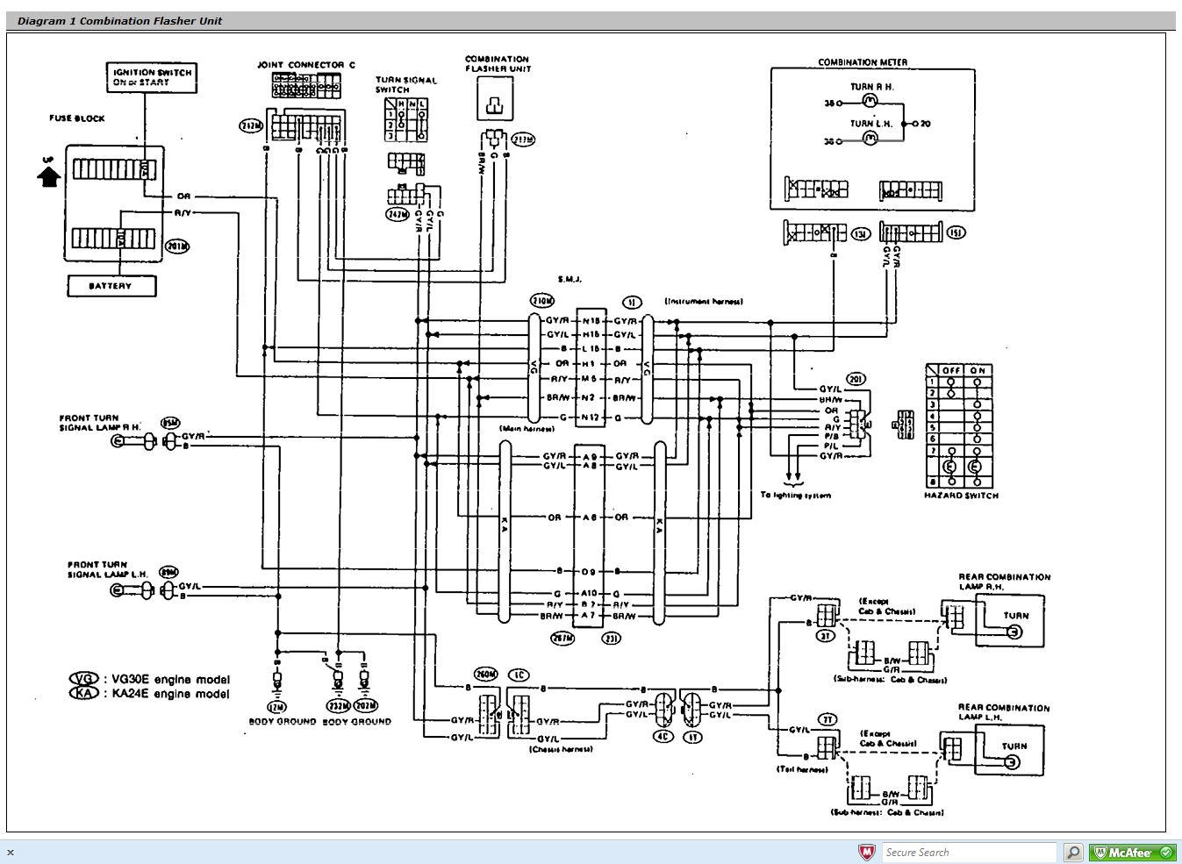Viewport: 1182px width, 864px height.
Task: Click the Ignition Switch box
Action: [x=152, y=77]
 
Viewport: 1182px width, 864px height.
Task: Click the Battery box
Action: [x=111, y=286]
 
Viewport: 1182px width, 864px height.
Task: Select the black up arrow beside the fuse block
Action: [x=48, y=175]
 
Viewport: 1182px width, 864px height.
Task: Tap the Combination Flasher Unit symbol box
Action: [x=495, y=97]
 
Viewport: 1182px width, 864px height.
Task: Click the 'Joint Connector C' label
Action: [x=305, y=65]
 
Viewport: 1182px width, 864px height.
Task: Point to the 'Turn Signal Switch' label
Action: [x=405, y=84]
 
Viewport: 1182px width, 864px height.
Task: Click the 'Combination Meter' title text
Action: [x=863, y=62]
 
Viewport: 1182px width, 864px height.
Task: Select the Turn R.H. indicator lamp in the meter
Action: [x=870, y=102]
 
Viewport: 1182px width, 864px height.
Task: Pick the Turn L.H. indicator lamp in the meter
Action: [x=870, y=139]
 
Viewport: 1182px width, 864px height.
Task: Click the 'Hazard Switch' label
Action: [x=961, y=496]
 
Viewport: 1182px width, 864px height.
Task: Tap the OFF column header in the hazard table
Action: [x=951, y=370]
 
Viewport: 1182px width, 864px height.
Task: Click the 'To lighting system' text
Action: [x=795, y=496]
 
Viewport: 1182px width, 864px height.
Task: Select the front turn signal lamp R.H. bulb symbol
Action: [x=118, y=441]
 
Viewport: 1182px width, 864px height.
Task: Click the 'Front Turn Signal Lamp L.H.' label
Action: [x=100, y=569]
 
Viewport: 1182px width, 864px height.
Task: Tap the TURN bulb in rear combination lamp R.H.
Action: [x=1014, y=632]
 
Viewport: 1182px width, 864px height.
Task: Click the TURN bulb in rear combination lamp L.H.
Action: [x=1012, y=761]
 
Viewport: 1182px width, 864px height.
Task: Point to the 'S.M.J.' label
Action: [x=570, y=279]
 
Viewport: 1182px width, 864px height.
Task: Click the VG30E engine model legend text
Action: [x=170, y=679]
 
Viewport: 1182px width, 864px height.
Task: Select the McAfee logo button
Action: [x=1133, y=852]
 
